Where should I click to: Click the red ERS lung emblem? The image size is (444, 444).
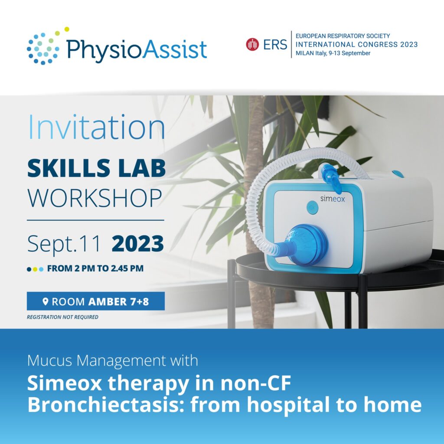point(252,45)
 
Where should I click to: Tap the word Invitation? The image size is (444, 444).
point(97,127)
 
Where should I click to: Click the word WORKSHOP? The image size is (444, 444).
point(95,198)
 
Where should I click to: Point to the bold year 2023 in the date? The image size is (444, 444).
point(137,244)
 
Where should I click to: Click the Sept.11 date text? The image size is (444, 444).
point(64,245)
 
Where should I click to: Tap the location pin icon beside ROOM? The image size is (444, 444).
point(45,301)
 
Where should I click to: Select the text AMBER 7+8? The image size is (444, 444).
point(119,302)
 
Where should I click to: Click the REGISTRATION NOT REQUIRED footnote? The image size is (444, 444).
point(62,317)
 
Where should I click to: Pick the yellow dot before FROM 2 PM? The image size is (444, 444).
point(35,269)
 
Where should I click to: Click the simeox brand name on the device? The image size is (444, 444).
point(333,199)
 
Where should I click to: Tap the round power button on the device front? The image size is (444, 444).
point(312,208)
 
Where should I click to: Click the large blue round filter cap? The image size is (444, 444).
point(308,245)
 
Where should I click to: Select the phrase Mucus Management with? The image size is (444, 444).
point(113,361)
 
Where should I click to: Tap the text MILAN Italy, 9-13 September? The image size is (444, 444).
point(333,53)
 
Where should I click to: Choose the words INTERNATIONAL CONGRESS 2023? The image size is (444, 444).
point(356,45)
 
